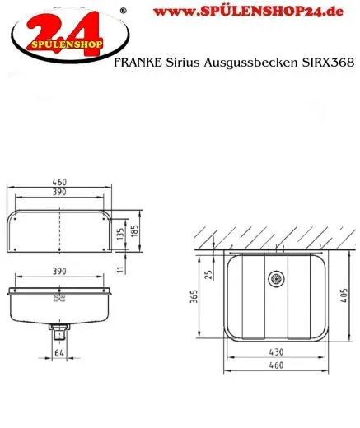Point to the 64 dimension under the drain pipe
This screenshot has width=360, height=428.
(58, 354)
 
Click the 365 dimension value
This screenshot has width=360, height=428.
(194, 298)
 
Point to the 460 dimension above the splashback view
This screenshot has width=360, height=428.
(59, 183)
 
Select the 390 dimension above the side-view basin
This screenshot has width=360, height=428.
(59, 272)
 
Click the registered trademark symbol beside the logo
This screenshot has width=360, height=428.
(123, 10)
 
